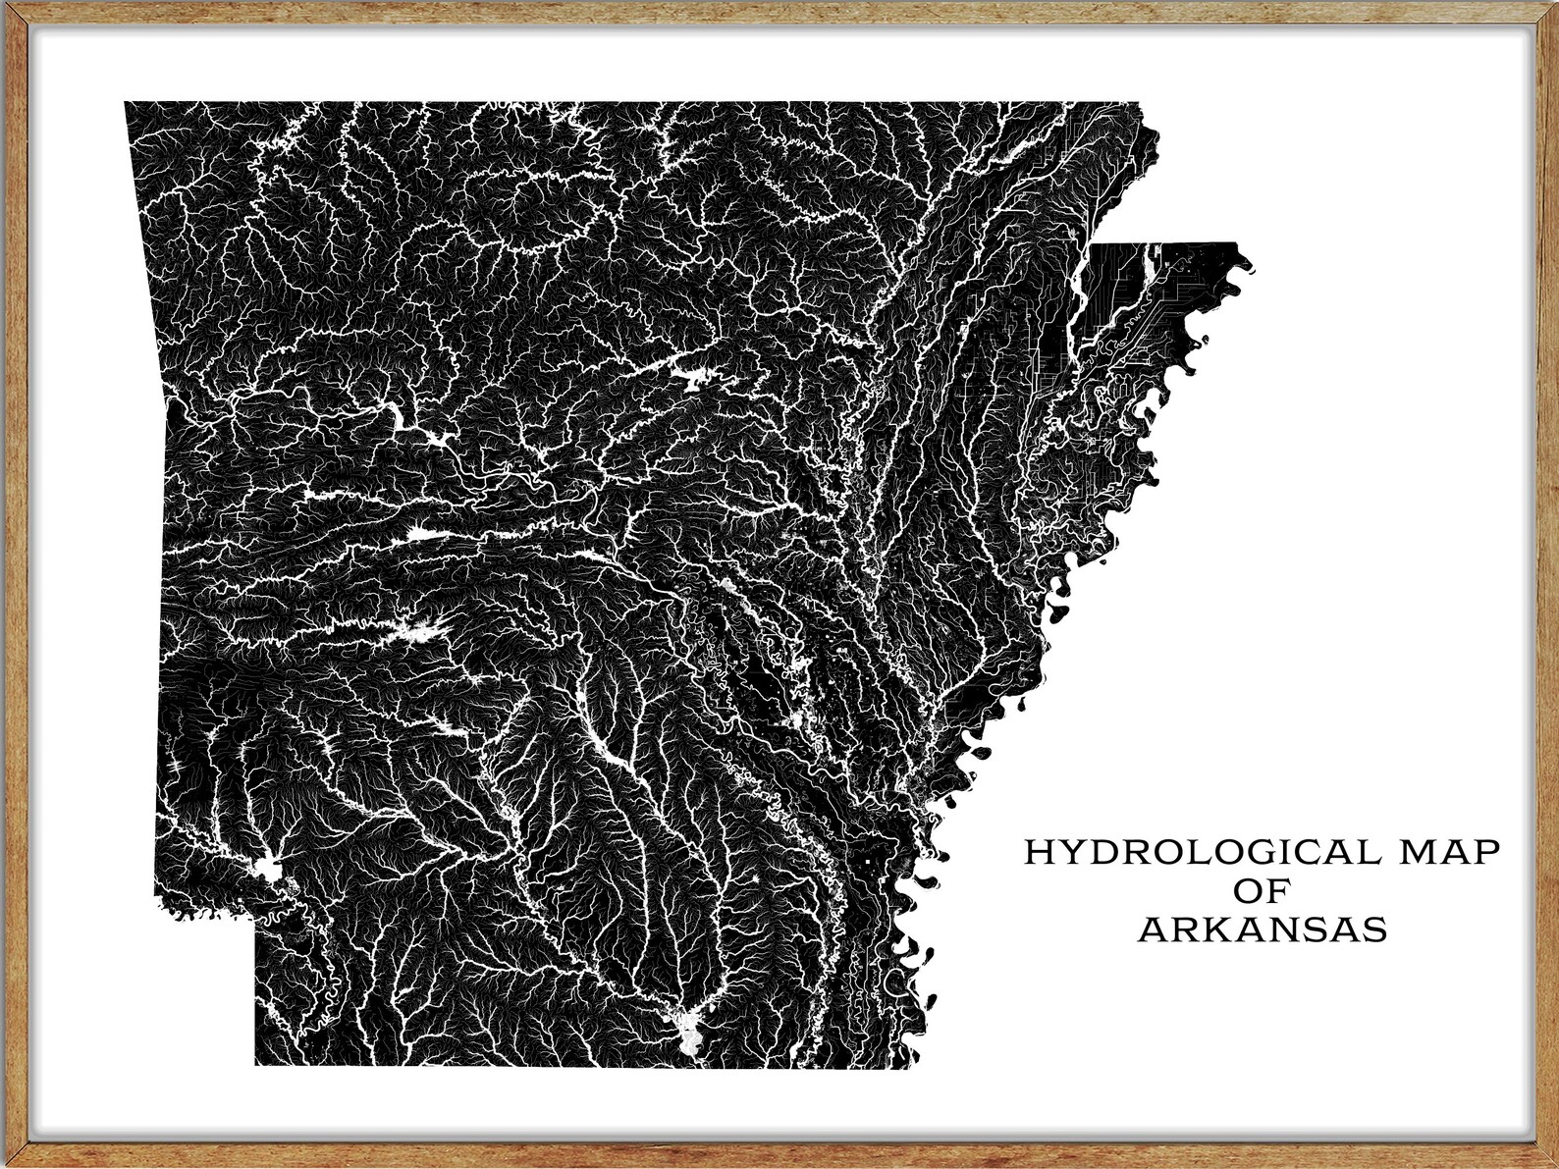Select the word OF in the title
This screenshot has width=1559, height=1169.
(x=1262, y=890)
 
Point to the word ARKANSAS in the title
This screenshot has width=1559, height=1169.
(x=1263, y=930)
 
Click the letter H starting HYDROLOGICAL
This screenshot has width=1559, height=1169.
(x=1039, y=852)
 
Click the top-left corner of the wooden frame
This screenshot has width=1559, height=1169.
(x=6, y=6)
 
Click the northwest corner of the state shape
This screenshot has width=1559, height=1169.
(x=126, y=102)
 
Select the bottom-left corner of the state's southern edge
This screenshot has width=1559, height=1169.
(x=256, y=1064)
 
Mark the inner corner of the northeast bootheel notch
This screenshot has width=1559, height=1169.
(x=1096, y=244)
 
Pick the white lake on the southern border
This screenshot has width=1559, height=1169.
(x=691, y=1030)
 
